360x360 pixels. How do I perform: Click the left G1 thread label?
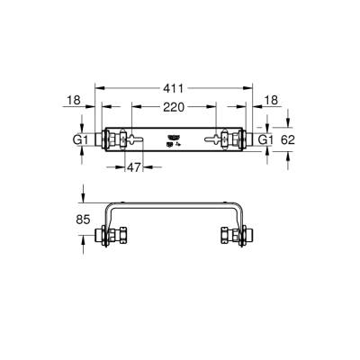coord(79,140)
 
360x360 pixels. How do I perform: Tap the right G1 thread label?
coord(265,140)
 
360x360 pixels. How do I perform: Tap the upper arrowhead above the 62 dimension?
coord(287,124)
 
